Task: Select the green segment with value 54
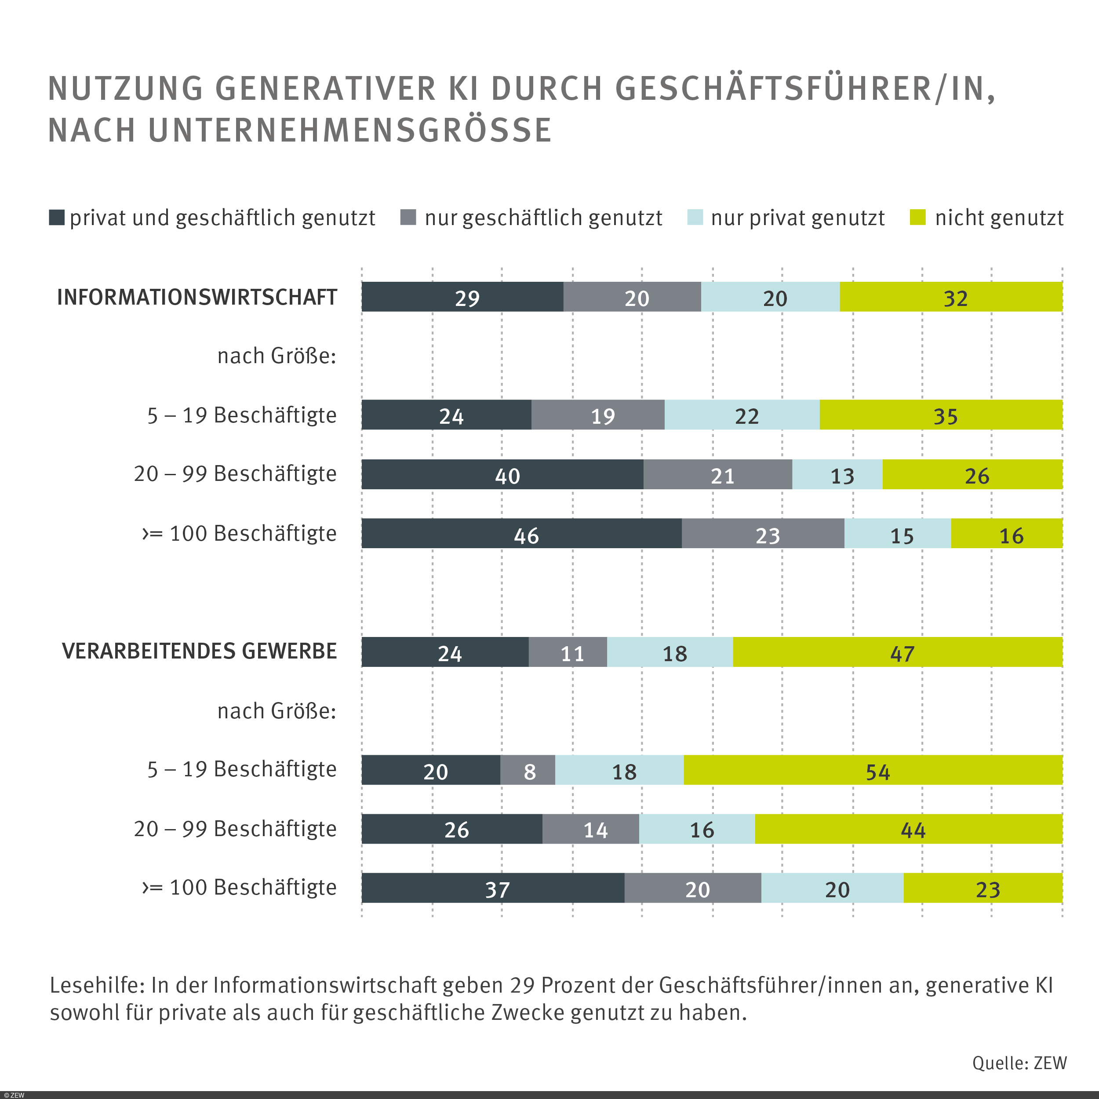pyautogui.click(x=873, y=770)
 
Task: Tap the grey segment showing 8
pyautogui.click(x=528, y=770)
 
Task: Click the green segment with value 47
pyautogui.click(x=897, y=651)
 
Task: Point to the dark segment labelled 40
pyautogui.click(x=502, y=474)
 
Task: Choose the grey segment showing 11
pyautogui.click(x=567, y=651)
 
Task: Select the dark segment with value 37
pyautogui.click(x=493, y=888)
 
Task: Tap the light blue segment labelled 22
pyautogui.click(x=742, y=414)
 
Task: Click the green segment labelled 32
pyautogui.click(x=950, y=296)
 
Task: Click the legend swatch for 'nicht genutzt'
pyautogui.click(x=917, y=217)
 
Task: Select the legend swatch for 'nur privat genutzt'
pyautogui.click(x=695, y=217)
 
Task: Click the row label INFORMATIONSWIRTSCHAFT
pyautogui.click(x=197, y=297)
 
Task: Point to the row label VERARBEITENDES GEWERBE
pyautogui.click(x=199, y=651)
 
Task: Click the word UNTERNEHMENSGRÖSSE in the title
pyautogui.click(x=350, y=130)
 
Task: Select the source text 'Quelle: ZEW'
pyautogui.click(x=1019, y=1063)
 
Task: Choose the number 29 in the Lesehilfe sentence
pyautogui.click(x=522, y=985)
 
